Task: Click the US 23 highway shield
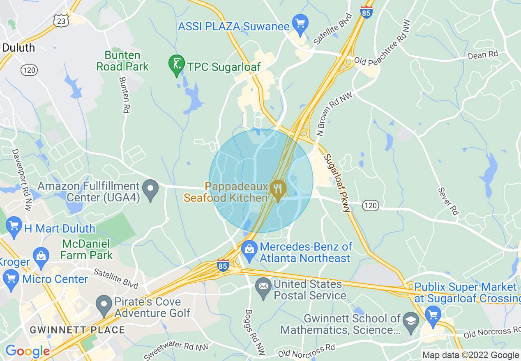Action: pos(60,21)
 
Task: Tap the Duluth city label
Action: pos(18,48)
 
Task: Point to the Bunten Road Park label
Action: pos(122,61)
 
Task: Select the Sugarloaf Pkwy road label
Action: pos(337,182)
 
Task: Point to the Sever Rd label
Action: pos(448,201)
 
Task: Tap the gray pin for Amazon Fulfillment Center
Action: pos(150,190)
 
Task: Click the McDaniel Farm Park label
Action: pos(86,249)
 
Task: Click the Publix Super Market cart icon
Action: pos(433,315)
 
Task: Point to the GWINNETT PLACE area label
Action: pos(77,330)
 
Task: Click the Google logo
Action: pos(27,351)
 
